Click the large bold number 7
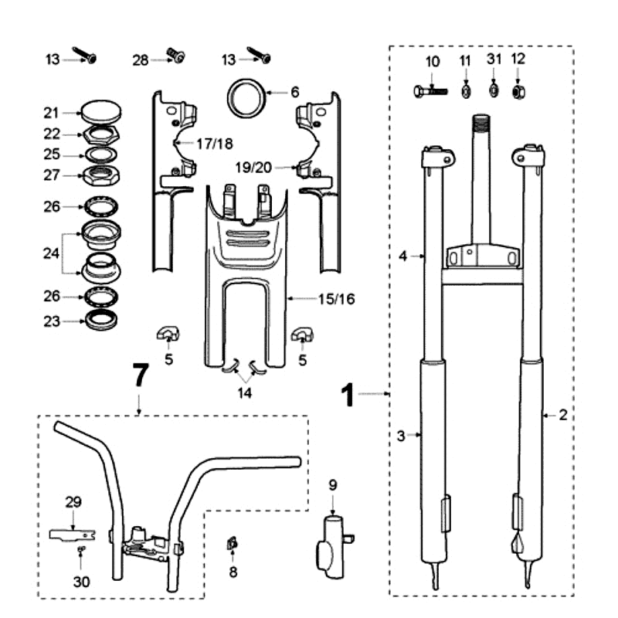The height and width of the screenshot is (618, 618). tap(139, 376)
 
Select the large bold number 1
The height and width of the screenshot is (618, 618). tap(349, 396)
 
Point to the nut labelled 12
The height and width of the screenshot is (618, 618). tap(518, 92)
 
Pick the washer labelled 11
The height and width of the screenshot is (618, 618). tap(466, 92)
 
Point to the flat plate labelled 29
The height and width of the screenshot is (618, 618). tap(72, 533)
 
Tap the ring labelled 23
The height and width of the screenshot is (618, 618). tap(101, 318)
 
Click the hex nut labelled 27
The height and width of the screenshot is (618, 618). tap(101, 175)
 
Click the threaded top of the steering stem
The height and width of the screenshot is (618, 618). tap(480, 124)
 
